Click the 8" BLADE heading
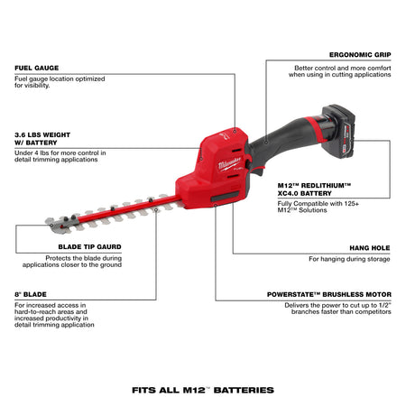30,294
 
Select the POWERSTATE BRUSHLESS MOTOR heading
330,294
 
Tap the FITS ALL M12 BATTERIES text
203,390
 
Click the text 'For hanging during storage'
350,258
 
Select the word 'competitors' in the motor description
369,314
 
